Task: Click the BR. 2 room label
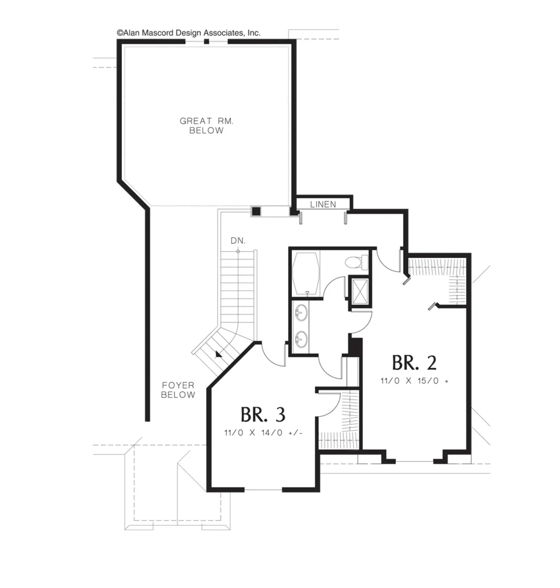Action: click(x=414, y=363)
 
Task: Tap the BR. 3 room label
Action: click(x=263, y=415)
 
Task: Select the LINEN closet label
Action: click(x=323, y=204)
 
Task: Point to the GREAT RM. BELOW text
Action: click(x=207, y=126)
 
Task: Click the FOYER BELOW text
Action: click(x=178, y=390)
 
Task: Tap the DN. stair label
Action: click(x=238, y=241)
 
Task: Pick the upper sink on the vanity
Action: click(x=301, y=313)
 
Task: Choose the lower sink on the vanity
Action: click(x=301, y=339)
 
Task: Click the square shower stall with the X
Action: click(x=360, y=291)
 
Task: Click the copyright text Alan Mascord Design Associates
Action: click(x=188, y=33)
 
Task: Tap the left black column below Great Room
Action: click(x=256, y=211)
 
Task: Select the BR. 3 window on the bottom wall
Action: click(x=263, y=489)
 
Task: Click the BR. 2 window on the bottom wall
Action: click(x=415, y=461)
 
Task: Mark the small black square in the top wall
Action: click(x=206, y=41)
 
